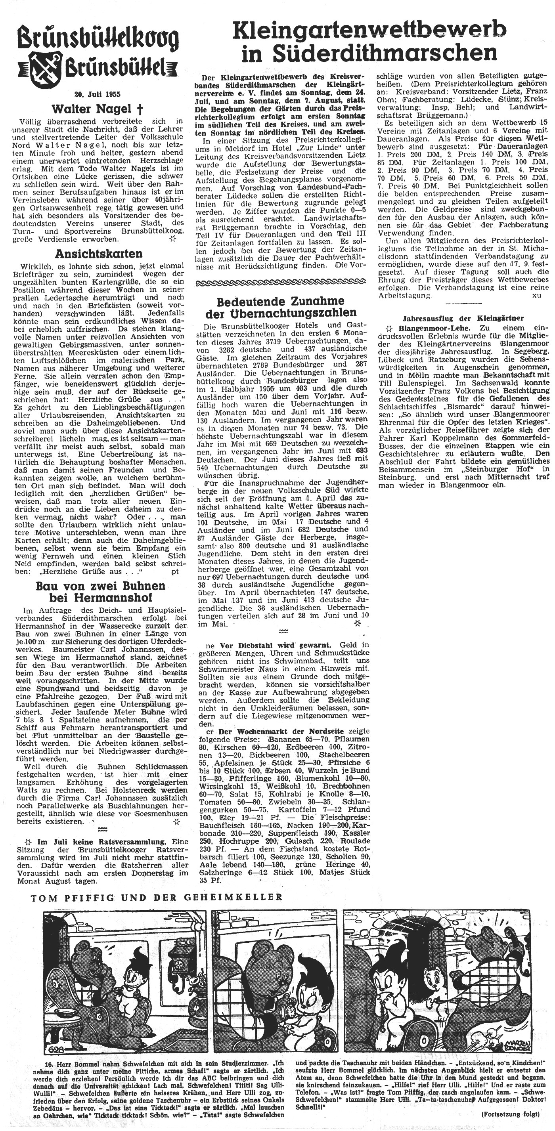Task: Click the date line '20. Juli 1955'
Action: (x=98, y=94)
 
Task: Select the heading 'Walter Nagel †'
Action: (x=98, y=109)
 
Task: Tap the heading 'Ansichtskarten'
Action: (x=98, y=254)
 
